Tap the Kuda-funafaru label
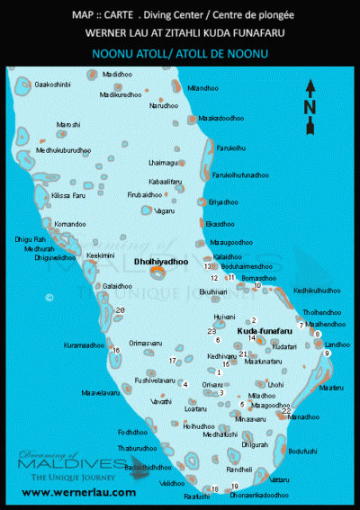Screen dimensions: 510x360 (261, 331)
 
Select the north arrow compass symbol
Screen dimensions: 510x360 (310, 87)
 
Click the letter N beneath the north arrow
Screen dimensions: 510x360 (310, 106)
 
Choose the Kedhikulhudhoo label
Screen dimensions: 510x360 (317, 291)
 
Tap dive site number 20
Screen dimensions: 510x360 (121, 309)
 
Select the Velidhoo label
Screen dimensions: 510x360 (172, 483)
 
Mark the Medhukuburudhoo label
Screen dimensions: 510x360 (64, 149)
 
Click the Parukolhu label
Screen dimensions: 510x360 (231, 148)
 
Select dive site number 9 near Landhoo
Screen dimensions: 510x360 (328, 353)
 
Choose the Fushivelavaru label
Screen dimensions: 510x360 (153, 380)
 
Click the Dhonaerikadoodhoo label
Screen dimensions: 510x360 (260, 496)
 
